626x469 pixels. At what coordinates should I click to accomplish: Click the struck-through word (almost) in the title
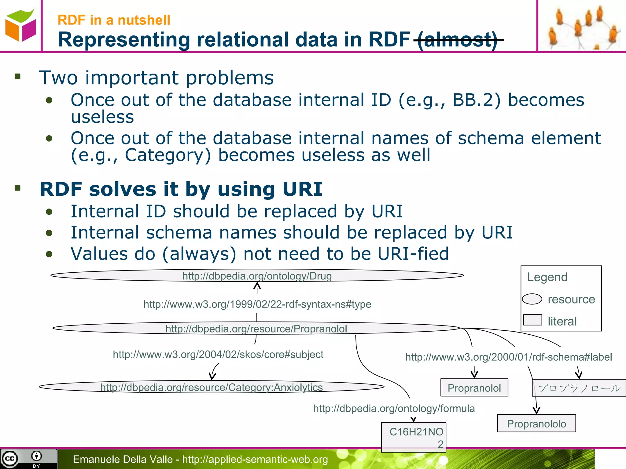[458, 40]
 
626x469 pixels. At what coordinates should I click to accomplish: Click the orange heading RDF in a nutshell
[114, 20]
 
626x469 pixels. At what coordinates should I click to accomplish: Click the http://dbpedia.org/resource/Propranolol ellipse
[256, 329]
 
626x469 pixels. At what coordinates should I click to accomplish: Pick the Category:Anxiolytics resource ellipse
[211, 387]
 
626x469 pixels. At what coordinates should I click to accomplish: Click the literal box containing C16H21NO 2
[414, 437]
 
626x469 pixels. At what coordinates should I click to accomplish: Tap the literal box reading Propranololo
[536, 424]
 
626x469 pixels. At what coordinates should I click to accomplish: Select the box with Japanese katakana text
[579, 388]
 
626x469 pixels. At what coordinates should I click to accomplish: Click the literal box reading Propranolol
[474, 388]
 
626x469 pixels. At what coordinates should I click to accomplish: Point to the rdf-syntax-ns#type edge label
[257, 304]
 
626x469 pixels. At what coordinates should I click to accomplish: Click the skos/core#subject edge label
[218, 354]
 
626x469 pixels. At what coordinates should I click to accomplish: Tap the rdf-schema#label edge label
[508, 357]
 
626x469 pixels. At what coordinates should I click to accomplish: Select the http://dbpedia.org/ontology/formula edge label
[394, 408]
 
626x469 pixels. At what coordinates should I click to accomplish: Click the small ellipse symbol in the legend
[532, 299]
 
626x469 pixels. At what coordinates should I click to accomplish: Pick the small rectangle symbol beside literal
[532, 320]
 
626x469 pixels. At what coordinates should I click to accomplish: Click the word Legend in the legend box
[547, 277]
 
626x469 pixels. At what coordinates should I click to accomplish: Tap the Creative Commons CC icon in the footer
[9, 459]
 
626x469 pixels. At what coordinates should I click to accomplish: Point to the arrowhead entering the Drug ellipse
[257, 285]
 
